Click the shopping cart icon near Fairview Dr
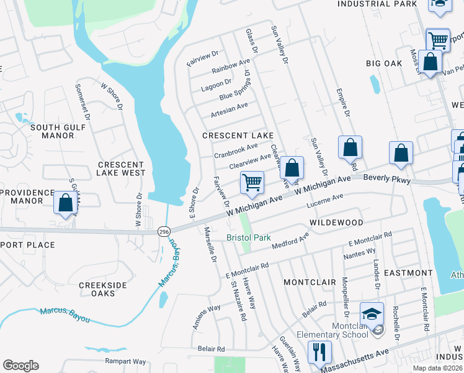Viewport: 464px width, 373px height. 252,183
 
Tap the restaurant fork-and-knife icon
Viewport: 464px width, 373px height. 319,352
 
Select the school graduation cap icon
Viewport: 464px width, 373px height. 372,314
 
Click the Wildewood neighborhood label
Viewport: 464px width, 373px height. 335,222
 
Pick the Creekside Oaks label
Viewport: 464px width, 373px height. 103,289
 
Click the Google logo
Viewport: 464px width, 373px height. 20,366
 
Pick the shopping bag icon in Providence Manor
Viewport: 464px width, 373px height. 65,203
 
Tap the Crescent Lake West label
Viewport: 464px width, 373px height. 122,168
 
